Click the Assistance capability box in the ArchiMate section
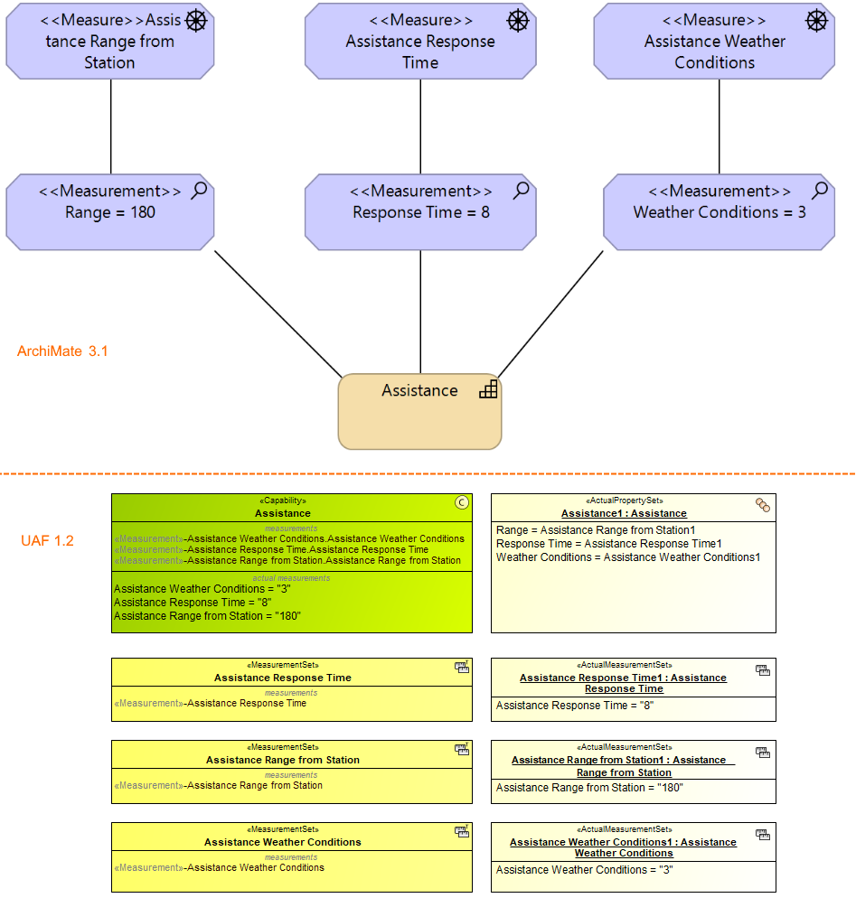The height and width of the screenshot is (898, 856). coord(419,412)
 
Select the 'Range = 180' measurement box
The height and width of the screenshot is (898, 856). coord(110,212)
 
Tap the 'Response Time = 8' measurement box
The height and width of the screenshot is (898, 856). coord(420,212)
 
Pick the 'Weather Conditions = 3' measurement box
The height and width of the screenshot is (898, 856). coord(719,212)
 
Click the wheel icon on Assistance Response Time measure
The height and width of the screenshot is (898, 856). coord(517,20)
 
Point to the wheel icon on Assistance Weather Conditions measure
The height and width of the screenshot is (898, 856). coord(816,20)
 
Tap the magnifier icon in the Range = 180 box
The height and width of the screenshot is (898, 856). coord(199,190)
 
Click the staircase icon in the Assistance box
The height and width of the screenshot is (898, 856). coord(488,389)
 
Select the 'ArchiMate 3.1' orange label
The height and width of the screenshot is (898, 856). coord(62,351)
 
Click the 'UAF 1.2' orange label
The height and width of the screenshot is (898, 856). coord(47,541)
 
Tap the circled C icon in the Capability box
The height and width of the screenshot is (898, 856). coord(462,503)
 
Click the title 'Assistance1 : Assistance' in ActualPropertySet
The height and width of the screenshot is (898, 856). coord(624,513)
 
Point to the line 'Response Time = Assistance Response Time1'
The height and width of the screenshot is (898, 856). coord(609,544)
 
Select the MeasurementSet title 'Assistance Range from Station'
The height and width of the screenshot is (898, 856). coord(283,760)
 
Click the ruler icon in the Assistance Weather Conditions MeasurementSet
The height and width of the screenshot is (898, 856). coord(462,831)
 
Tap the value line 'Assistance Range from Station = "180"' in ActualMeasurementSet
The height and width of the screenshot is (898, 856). coord(589,788)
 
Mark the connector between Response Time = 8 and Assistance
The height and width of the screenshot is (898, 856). coord(420,312)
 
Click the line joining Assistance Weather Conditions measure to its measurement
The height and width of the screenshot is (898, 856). coord(720,126)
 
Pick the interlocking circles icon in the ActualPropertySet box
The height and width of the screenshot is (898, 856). coord(763,506)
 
